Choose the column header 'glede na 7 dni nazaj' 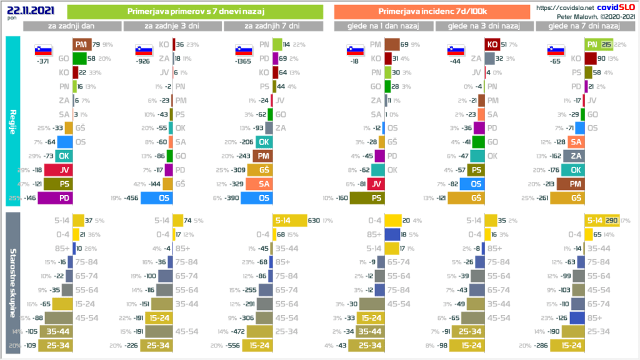[x=583, y=26]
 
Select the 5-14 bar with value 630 [x=290, y=220]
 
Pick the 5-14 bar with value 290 [x=601, y=220]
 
